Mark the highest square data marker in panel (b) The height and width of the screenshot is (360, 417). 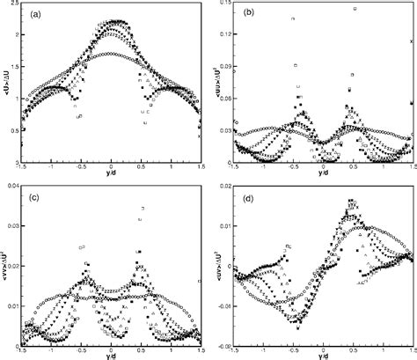pos(355,9)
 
